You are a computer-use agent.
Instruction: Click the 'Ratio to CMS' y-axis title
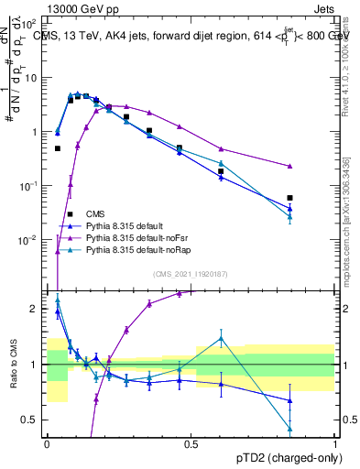tap(14, 364)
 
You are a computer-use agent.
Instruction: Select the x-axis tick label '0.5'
tap(191, 443)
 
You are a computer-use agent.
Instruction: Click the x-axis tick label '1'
tap(334, 443)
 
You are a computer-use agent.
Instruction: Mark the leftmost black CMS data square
tap(57, 148)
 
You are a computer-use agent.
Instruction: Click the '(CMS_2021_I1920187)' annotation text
tap(191, 273)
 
